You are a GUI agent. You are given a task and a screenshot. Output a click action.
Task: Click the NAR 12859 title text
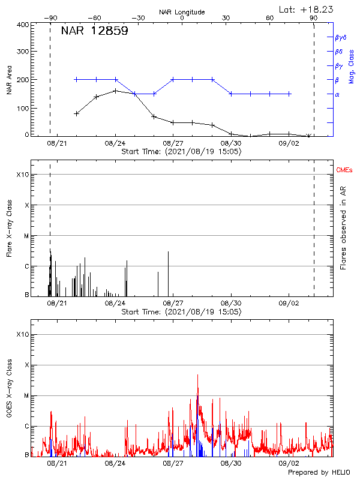click(94, 32)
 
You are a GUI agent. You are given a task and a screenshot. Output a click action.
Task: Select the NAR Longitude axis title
click(182, 11)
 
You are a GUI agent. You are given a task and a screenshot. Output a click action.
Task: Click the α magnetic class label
click(337, 94)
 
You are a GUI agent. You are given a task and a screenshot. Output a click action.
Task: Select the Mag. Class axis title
click(351, 66)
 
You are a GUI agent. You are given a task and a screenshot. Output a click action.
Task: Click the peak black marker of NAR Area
click(116, 91)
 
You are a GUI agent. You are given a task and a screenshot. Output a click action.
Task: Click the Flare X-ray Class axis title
click(9, 227)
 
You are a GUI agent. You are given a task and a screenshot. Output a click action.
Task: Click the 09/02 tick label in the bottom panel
click(289, 463)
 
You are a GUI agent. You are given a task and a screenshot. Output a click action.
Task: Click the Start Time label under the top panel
click(181, 152)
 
